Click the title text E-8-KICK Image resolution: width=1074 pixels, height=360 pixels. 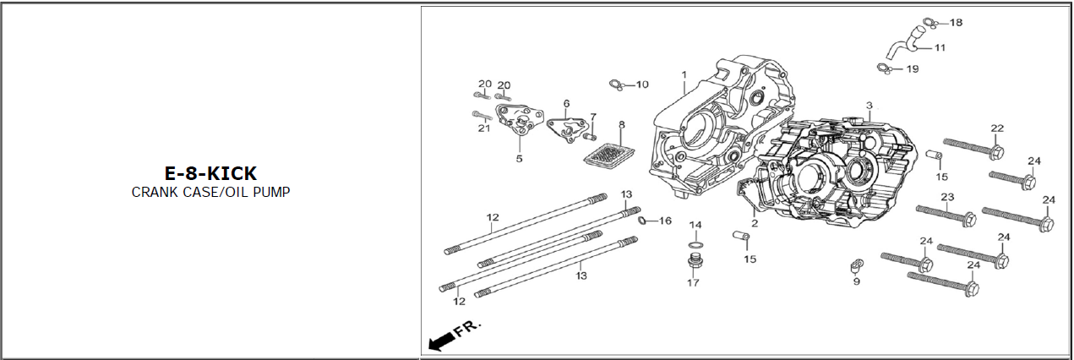point(210,173)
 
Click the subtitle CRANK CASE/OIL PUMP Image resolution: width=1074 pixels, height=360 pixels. point(210,192)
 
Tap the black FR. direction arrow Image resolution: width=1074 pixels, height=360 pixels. point(442,341)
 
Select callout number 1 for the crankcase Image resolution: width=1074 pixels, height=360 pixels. point(684,74)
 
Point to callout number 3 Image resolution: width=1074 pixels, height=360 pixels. point(870,106)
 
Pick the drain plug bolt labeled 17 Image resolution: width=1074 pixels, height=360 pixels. point(694,262)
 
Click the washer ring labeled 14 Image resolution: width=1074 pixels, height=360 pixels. point(695,245)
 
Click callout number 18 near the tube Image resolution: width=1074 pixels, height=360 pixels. point(956,23)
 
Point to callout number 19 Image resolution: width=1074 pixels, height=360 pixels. point(912,69)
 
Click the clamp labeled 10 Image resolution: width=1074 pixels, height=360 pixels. point(617,85)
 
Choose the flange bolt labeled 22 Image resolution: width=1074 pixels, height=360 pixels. point(973,148)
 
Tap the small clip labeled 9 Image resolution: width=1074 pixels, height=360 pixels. point(856,265)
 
